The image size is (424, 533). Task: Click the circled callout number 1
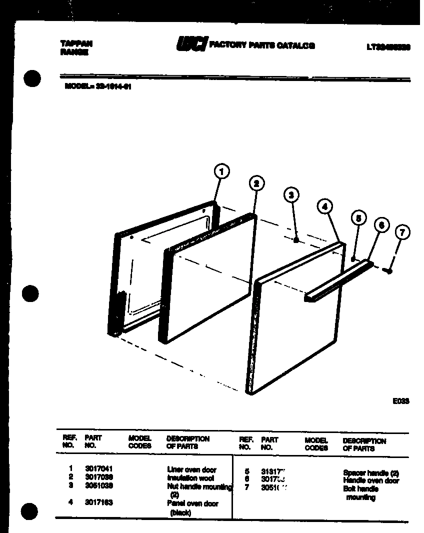(x=221, y=172)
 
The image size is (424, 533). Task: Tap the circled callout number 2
(x=256, y=183)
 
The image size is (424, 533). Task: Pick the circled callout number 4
(x=325, y=205)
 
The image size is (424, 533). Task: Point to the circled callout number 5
(x=358, y=218)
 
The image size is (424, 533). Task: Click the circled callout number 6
(x=381, y=225)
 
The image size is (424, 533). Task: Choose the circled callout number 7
(x=402, y=232)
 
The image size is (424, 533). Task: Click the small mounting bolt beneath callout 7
(x=388, y=270)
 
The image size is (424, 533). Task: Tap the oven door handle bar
(x=338, y=281)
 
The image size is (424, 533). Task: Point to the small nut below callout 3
(x=296, y=240)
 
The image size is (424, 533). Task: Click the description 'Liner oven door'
(x=191, y=469)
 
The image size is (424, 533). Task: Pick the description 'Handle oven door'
(x=371, y=480)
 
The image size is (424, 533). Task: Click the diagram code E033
(x=400, y=400)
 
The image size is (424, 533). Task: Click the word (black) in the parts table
(x=180, y=512)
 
